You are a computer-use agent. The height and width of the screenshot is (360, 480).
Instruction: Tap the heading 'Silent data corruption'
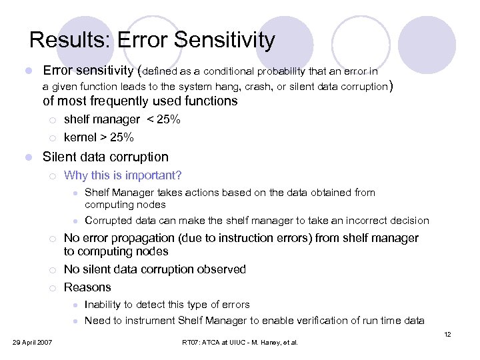coord(105,157)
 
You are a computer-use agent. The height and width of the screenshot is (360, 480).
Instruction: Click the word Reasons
coord(87,287)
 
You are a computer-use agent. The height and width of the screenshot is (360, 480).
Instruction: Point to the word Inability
coord(104,305)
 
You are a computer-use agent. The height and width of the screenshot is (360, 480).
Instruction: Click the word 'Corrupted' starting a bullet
coord(109,221)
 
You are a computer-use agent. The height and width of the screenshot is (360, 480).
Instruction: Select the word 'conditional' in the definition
coord(231,71)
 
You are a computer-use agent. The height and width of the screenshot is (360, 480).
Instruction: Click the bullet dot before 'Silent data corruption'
coord(26,157)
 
